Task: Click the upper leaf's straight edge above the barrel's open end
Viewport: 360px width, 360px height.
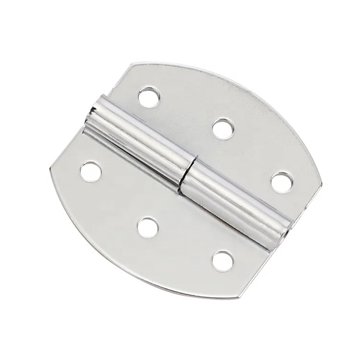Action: [113, 82]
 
